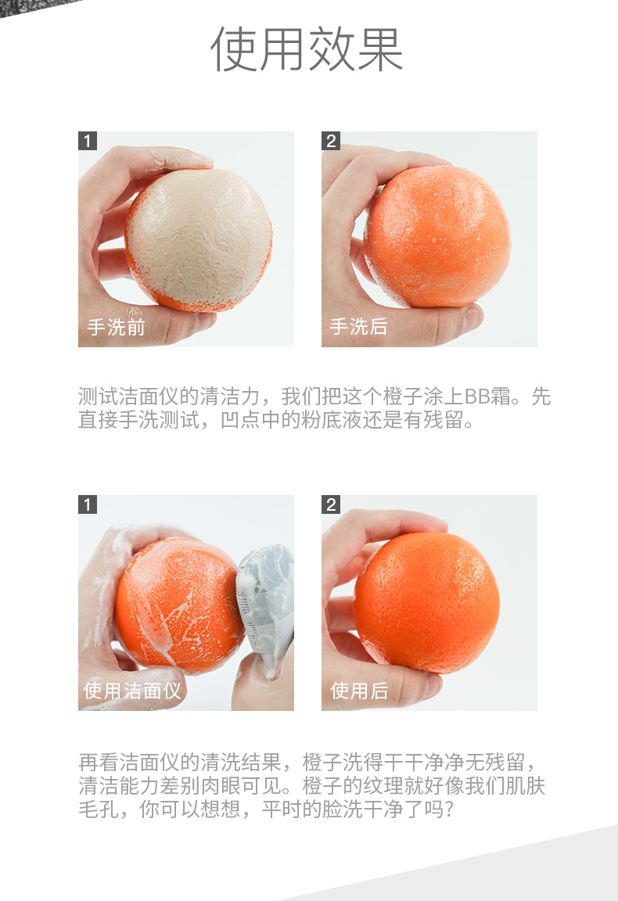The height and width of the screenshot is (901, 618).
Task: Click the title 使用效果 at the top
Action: click(x=307, y=49)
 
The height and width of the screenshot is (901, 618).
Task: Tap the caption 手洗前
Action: click(x=116, y=327)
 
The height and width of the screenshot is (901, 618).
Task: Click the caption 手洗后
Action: click(x=359, y=326)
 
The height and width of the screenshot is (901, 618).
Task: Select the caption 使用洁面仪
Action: click(x=132, y=690)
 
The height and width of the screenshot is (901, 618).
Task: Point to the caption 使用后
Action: click(x=359, y=690)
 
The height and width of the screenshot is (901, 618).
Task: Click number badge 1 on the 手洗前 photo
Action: click(x=88, y=141)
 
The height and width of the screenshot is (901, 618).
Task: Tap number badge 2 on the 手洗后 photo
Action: click(x=331, y=141)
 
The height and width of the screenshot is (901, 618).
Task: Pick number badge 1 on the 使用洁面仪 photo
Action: click(x=88, y=504)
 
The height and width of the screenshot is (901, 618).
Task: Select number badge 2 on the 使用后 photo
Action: click(x=331, y=504)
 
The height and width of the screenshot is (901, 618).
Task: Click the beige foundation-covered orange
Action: click(x=199, y=239)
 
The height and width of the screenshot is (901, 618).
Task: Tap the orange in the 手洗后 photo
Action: click(x=437, y=235)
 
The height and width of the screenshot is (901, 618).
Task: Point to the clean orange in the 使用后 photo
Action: click(x=426, y=602)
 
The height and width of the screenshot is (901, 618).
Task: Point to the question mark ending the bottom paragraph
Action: click(x=449, y=809)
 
